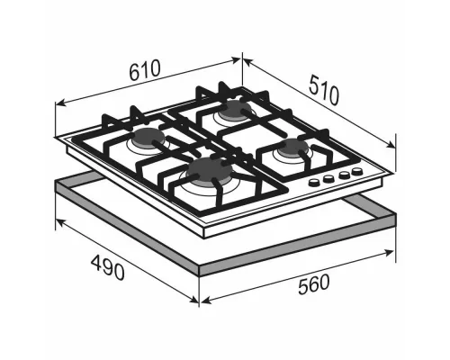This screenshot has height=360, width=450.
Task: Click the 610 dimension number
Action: (x=145, y=70)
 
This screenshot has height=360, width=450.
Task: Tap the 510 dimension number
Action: (x=324, y=90)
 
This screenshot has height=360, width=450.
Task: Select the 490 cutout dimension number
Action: (x=108, y=267)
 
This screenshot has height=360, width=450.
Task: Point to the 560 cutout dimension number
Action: (x=314, y=284)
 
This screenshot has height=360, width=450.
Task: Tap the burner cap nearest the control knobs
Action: (x=292, y=148)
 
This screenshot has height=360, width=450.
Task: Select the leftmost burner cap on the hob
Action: (x=149, y=137)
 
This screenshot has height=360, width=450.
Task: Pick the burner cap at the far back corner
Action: (x=233, y=109)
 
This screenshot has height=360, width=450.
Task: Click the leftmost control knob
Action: (x=314, y=182)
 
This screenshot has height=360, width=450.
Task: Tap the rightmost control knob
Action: (x=357, y=171)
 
